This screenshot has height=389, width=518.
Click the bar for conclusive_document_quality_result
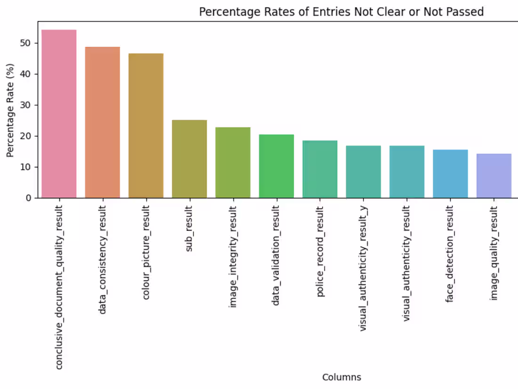pyautogui.click(x=59, y=114)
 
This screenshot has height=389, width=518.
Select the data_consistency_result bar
pyautogui.click(x=102, y=122)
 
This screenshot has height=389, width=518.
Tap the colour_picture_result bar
pyautogui.click(x=146, y=126)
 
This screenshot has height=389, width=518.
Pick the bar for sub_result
pyautogui.click(x=189, y=159)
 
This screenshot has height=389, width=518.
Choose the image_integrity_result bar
pyautogui.click(x=233, y=162)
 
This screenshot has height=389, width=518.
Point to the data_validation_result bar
pyautogui.click(x=276, y=166)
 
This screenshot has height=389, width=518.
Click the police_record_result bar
pyautogui.click(x=320, y=169)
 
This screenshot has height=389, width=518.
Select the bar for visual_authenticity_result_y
pyautogui.click(x=364, y=172)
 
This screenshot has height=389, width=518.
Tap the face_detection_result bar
pyautogui.click(x=450, y=174)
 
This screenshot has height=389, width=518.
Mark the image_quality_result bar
pyautogui.click(x=494, y=176)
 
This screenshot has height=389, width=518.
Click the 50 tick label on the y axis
pyautogui.click(x=25, y=43)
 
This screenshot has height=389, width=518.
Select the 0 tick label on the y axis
pyautogui.click(x=28, y=198)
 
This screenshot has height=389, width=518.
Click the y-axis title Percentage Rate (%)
pyautogui.click(x=10, y=110)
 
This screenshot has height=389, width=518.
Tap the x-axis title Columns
pyautogui.click(x=341, y=377)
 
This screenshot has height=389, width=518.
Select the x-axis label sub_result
pyautogui.click(x=189, y=228)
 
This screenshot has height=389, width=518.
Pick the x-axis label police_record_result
pyautogui.click(x=319, y=251)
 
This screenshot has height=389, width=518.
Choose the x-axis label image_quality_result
pyautogui.click(x=494, y=253)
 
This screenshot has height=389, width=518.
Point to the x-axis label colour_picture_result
pyautogui.click(x=146, y=252)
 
